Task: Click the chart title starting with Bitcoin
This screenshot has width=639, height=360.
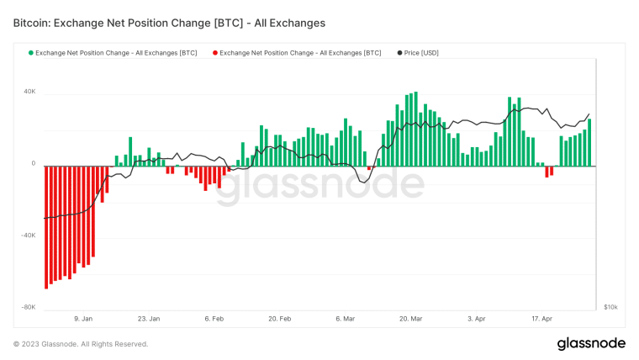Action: [x=169, y=23]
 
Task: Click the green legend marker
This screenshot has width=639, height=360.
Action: [x=31, y=53]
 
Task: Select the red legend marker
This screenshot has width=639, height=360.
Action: [x=215, y=53]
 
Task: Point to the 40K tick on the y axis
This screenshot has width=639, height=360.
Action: [x=29, y=92]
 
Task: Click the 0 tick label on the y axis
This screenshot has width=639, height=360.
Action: [x=34, y=164]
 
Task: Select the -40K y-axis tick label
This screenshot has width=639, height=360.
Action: [x=28, y=236]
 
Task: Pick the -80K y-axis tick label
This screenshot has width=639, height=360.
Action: [x=28, y=307]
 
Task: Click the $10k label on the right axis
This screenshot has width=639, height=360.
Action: [x=610, y=308]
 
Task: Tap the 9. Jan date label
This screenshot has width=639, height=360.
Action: [x=82, y=320]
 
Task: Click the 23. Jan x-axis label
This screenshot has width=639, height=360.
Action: [x=148, y=320]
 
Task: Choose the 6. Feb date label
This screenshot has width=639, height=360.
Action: [x=214, y=320]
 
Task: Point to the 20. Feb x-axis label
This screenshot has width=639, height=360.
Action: [x=279, y=320]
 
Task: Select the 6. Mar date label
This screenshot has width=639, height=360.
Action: [x=345, y=320]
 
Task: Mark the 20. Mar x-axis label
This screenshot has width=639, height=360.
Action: [x=410, y=320]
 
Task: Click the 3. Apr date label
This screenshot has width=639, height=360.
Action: [x=475, y=320]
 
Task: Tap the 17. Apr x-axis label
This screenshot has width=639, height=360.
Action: [x=541, y=320]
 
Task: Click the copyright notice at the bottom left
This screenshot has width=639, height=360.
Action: [x=81, y=344]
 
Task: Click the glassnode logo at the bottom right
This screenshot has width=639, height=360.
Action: [x=591, y=343]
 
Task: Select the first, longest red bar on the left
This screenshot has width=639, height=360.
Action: [x=46, y=227]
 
